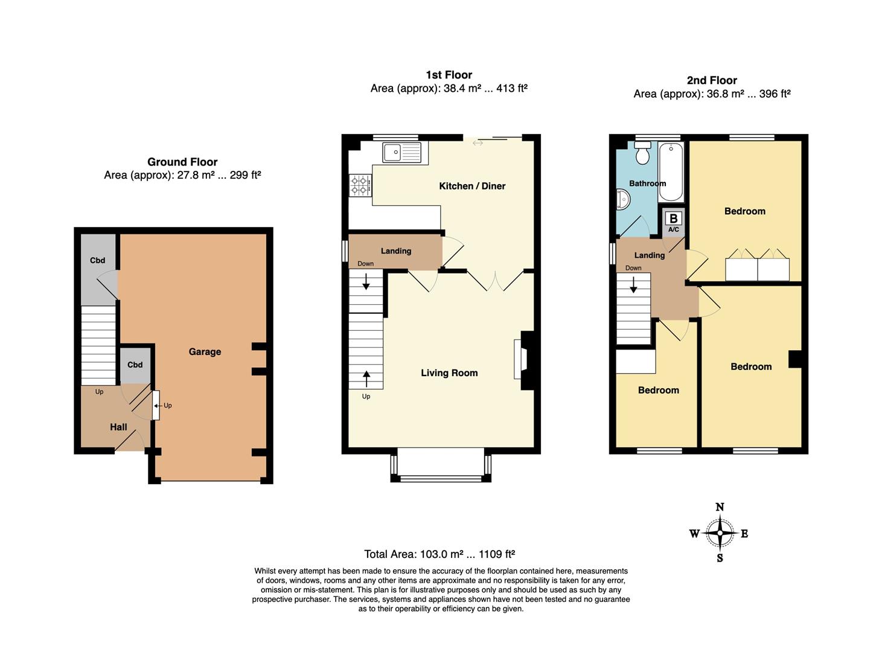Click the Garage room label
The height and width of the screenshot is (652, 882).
click(x=205, y=351)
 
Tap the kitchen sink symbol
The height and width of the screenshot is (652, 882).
click(x=401, y=152)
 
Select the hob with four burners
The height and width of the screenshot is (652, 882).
click(x=360, y=185)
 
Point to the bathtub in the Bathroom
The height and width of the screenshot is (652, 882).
click(x=670, y=171)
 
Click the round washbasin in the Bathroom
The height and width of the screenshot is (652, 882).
click(x=622, y=199)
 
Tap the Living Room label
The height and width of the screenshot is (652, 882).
click(x=449, y=373)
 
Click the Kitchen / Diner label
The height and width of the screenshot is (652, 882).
click(x=472, y=186)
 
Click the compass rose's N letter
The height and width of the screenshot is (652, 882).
click(x=720, y=507)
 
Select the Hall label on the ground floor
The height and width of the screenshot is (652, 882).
click(x=118, y=427)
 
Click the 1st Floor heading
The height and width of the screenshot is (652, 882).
click(x=449, y=75)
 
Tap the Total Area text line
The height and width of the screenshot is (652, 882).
click(x=439, y=554)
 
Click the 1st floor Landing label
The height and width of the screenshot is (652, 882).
click(x=395, y=251)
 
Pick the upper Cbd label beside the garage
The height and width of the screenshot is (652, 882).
click(x=97, y=260)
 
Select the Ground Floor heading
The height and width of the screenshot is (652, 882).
click(x=182, y=162)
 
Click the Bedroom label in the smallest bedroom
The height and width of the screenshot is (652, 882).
click(x=658, y=390)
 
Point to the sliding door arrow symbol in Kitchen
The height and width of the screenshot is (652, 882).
click(x=478, y=143)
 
